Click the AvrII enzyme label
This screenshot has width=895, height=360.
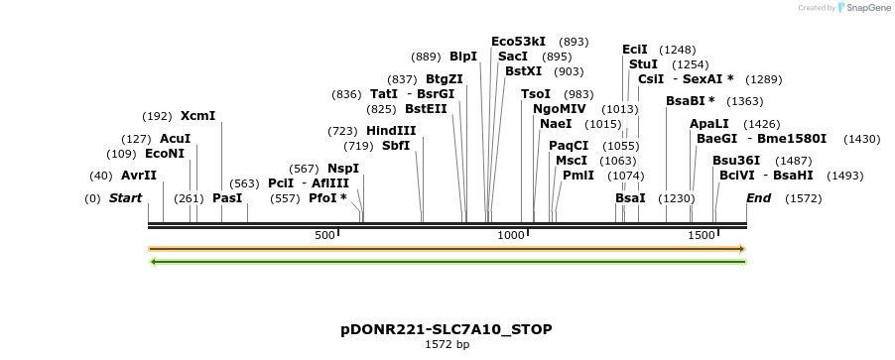point(139,176)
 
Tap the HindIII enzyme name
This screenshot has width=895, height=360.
point(391,131)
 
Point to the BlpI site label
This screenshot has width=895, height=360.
point(463,57)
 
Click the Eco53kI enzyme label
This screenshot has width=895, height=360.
point(518,42)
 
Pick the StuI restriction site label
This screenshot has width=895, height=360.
point(643,64)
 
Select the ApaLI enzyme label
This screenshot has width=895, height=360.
point(708,124)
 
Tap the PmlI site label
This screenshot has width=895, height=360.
point(578,176)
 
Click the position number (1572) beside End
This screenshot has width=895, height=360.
point(803,198)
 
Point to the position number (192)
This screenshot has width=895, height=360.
point(158,116)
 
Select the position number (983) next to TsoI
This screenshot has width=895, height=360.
point(578,94)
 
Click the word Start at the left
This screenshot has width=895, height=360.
point(126,198)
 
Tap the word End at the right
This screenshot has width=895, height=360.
point(758,198)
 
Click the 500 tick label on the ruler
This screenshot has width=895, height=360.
point(324,235)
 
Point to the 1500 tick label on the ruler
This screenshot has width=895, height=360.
point(702,235)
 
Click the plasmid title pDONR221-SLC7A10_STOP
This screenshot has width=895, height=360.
point(447,329)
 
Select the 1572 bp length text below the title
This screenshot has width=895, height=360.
point(447,345)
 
